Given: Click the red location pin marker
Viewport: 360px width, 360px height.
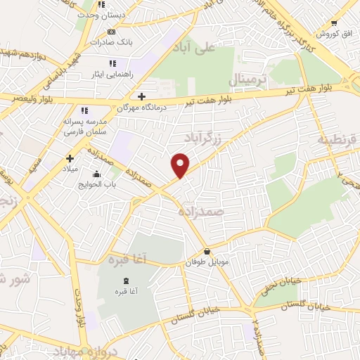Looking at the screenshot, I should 181,165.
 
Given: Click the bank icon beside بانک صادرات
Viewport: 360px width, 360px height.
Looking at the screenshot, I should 111,32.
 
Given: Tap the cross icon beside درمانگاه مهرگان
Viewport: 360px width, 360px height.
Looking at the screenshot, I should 142,96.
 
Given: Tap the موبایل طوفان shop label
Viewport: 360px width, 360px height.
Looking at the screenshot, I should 207,262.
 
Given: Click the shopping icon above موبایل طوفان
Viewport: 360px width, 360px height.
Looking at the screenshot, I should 207,252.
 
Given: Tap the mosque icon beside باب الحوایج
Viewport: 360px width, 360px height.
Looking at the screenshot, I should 96,174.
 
